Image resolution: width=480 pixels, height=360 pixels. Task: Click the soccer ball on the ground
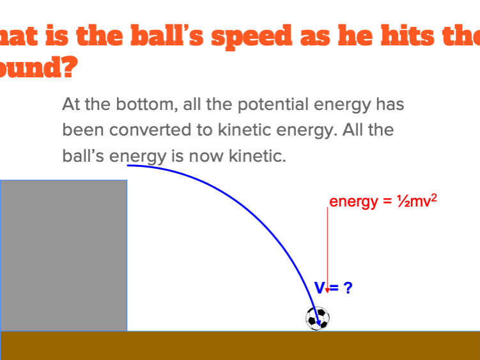click(x=318, y=318)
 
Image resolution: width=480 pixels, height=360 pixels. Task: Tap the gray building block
click(x=63, y=255)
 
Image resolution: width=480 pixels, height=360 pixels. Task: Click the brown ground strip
click(x=240, y=345)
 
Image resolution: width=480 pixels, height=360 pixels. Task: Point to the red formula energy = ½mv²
click(x=383, y=201)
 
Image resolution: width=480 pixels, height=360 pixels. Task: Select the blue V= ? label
click(x=332, y=288)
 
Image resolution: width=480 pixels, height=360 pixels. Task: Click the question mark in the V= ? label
click(x=348, y=288)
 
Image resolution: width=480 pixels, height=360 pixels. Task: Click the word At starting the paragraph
click(x=72, y=104)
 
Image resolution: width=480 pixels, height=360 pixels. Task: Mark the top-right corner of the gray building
click(x=127, y=180)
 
